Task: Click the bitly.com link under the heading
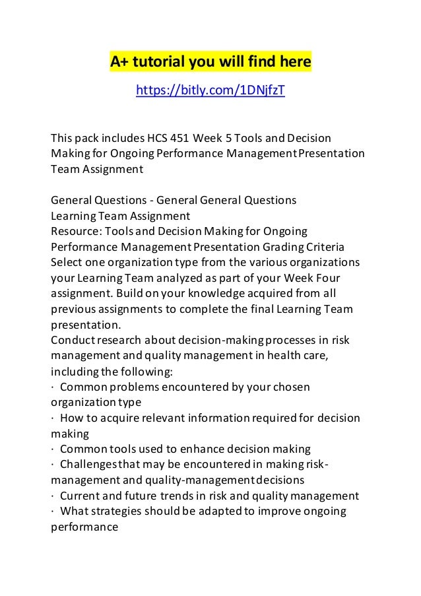coord(210,90)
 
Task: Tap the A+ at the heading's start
coord(119,63)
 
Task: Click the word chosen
coord(290,385)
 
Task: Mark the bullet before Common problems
coord(52,385)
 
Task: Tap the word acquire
coord(110,416)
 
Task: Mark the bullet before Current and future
coord(52,495)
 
